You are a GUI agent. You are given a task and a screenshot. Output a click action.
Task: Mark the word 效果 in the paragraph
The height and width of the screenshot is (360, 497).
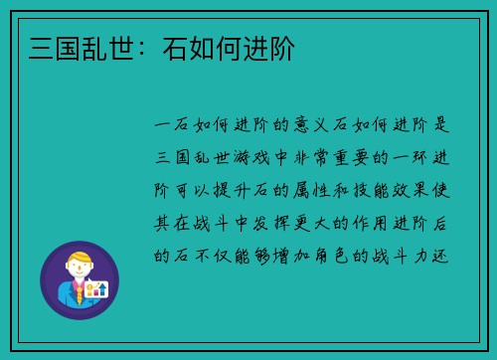[429, 190]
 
